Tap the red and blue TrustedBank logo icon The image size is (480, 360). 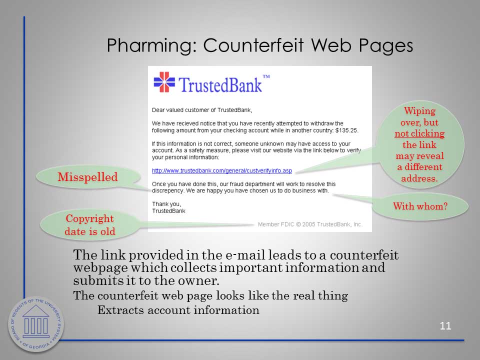[x=164, y=82]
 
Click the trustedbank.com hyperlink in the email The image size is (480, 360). [x=222, y=170]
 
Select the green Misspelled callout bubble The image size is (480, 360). [x=88, y=177]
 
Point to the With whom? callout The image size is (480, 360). [x=420, y=206]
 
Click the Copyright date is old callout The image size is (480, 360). [x=90, y=224]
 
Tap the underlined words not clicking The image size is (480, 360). [x=419, y=133]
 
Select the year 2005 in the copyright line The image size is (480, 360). [x=308, y=224]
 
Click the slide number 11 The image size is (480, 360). [x=445, y=325]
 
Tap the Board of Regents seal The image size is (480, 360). [x=36, y=324]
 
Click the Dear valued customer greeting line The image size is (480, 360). [x=202, y=110]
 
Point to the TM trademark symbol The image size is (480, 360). [x=266, y=76]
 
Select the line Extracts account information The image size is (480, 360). [x=178, y=310]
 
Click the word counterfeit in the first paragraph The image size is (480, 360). [x=364, y=255]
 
